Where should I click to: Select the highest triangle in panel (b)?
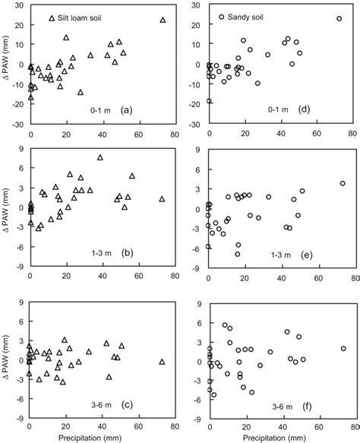[x=99, y=157]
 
